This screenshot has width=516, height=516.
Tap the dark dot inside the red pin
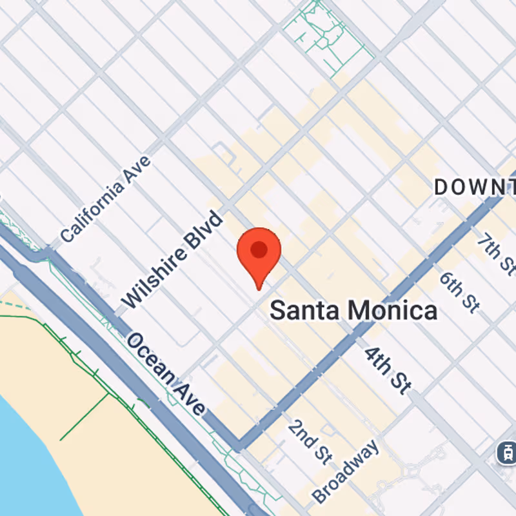click(259, 249)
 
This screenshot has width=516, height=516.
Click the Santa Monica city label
click(353, 311)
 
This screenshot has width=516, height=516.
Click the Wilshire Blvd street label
click(172, 259)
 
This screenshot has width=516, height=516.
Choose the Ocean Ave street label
click(166, 373)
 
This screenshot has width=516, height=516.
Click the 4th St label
click(387, 370)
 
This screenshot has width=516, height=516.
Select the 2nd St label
click(310, 441)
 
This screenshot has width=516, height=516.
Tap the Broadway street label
click(346, 471)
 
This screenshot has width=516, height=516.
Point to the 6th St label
click(459, 292)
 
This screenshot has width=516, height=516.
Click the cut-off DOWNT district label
click(475, 188)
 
